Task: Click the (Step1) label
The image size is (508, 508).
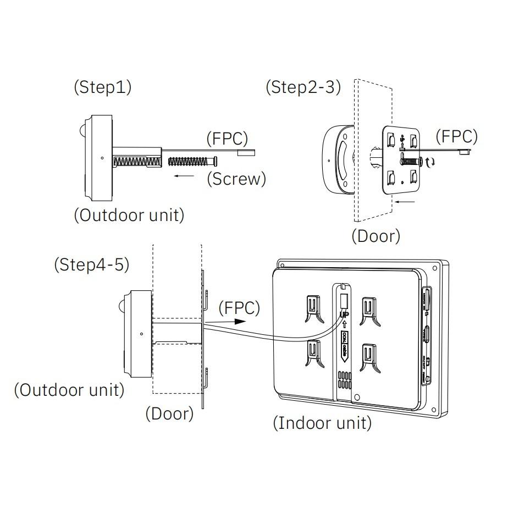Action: pyautogui.click(x=102, y=88)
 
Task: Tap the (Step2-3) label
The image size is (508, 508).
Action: pyautogui.click(x=303, y=87)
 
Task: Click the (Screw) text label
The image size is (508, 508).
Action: pyautogui.click(x=236, y=179)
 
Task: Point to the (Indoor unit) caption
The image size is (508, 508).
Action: pyautogui.click(x=322, y=423)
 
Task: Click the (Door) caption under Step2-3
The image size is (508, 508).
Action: pyautogui.click(x=376, y=236)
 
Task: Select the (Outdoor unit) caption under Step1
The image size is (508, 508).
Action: pyautogui.click(x=129, y=215)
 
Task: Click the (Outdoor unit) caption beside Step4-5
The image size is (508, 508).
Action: pyautogui.click(x=69, y=390)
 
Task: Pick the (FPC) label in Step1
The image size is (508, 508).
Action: pyautogui.click(x=227, y=139)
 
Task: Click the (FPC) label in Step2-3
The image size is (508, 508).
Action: pyautogui.click(x=456, y=136)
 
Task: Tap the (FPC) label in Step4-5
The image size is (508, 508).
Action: pyautogui.click(x=239, y=308)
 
